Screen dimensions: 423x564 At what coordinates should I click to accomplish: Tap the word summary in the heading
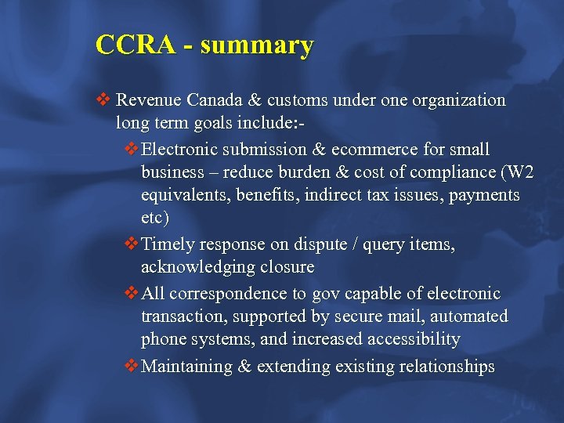[256, 45]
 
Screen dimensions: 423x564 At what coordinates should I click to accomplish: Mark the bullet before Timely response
[132, 244]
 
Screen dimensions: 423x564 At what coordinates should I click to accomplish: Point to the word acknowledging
[203, 267]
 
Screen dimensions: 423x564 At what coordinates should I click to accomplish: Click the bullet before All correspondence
[132, 294]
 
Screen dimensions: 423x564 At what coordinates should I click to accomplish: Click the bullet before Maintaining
[132, 366]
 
